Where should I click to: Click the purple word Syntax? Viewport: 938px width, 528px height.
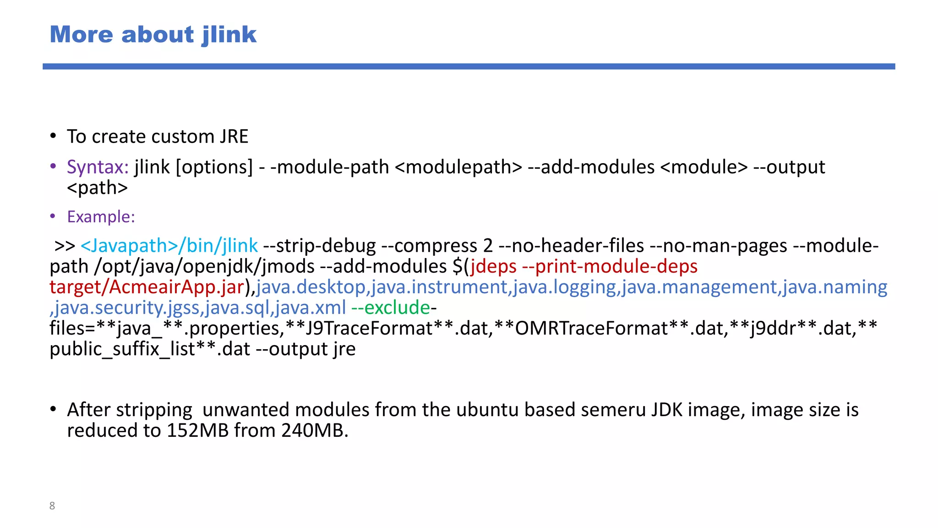tap(98, 167)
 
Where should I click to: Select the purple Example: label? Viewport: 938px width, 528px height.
tap(101, 217)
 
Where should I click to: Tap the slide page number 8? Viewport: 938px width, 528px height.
tap(52, 506)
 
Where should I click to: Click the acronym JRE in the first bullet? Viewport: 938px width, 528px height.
tap(234, 137)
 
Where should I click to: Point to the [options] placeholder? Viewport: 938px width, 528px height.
tap(214, 167)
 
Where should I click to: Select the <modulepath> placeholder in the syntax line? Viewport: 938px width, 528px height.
tap(458, 167)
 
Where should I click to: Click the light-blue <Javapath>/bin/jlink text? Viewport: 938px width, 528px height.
tap(169, 246)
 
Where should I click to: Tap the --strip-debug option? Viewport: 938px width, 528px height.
tap(319, 246)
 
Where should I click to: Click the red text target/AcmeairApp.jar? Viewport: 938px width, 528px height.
tap(147, 287)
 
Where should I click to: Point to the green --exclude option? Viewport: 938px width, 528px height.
tap(390, 308)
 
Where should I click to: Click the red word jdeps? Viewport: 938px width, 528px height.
tap(493, 267)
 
